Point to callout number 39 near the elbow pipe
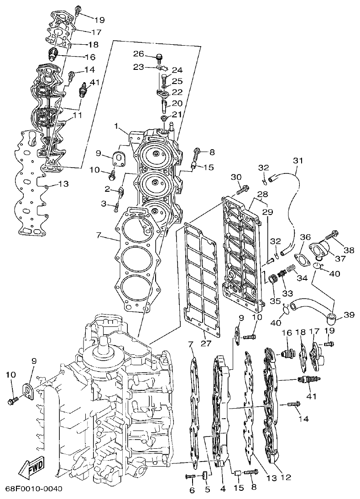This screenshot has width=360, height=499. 349,315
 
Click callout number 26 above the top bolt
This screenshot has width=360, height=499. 139,54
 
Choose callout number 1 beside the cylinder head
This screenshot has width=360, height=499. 117,126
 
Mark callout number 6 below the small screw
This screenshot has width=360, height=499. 192,490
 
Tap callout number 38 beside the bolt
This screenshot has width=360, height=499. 349,250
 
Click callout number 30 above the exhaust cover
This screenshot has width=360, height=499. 235,177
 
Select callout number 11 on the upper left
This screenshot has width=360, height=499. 78,116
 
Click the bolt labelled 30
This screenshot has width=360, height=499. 242,188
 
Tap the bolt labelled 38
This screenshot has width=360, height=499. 330,236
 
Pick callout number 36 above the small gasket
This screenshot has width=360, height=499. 305,237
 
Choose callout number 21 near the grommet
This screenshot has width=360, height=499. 177,114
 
